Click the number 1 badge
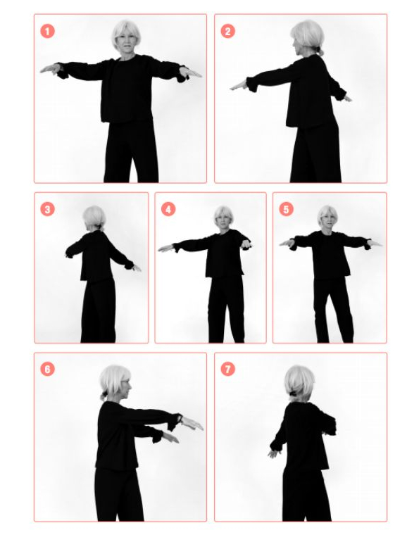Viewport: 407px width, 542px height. click(47, 31)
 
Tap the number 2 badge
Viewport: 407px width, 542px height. click(227, 31)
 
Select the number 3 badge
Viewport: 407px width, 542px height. click(47, 209)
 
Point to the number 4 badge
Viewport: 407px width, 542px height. click(168, 209)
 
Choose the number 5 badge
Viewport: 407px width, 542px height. click(286, 209)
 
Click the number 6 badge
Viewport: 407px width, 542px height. click(47, 369)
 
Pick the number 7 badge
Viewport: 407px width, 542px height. click(227, 369)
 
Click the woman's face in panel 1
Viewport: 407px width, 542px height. click(126, 41)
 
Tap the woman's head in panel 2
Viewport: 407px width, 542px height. click(308, 37)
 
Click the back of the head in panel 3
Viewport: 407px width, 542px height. click(94, 217)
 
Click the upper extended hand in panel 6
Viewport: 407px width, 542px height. click(192, 423)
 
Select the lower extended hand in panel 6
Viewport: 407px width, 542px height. click(171, 437)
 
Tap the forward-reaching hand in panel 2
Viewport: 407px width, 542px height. click(239, 85)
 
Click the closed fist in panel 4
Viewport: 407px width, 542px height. click(246, 245)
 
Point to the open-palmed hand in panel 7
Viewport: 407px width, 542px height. click(273, 453)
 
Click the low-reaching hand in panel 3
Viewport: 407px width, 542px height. click(137, 267)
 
